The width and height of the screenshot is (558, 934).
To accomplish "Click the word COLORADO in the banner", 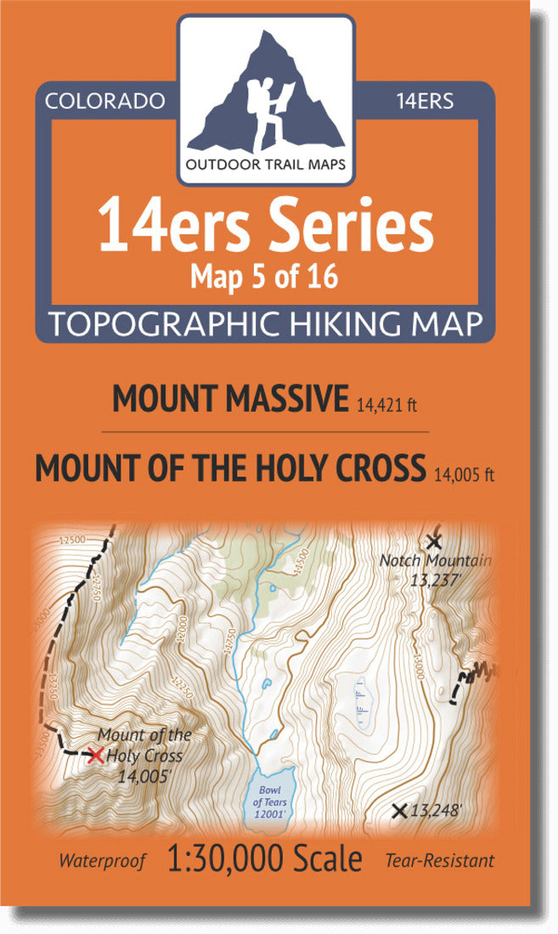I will click(x=104, y=101).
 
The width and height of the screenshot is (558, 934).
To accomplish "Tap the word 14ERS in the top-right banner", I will click(x=425, y=101).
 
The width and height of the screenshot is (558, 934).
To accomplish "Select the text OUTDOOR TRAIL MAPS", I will click(x=266, y=165).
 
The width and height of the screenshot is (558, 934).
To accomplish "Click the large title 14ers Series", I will click(x=266, y=227).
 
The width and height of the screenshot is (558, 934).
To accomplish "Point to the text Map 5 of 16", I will click(x=266, y=277).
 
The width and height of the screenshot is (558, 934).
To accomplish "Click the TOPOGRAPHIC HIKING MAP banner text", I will click(x=266, y=324).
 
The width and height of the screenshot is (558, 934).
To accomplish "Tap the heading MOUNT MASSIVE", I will click(x=230, y=399).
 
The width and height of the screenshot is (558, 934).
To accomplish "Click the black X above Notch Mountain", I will click(x=434, y=541).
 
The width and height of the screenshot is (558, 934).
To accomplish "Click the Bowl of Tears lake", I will click(x=270, y=794).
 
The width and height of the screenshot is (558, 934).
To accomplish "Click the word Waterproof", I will click(x=102, y=860).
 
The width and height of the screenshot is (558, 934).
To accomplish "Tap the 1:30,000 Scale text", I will click(x=266, y=858).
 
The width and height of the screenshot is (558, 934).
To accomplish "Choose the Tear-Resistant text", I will click(x=439, y=860).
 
